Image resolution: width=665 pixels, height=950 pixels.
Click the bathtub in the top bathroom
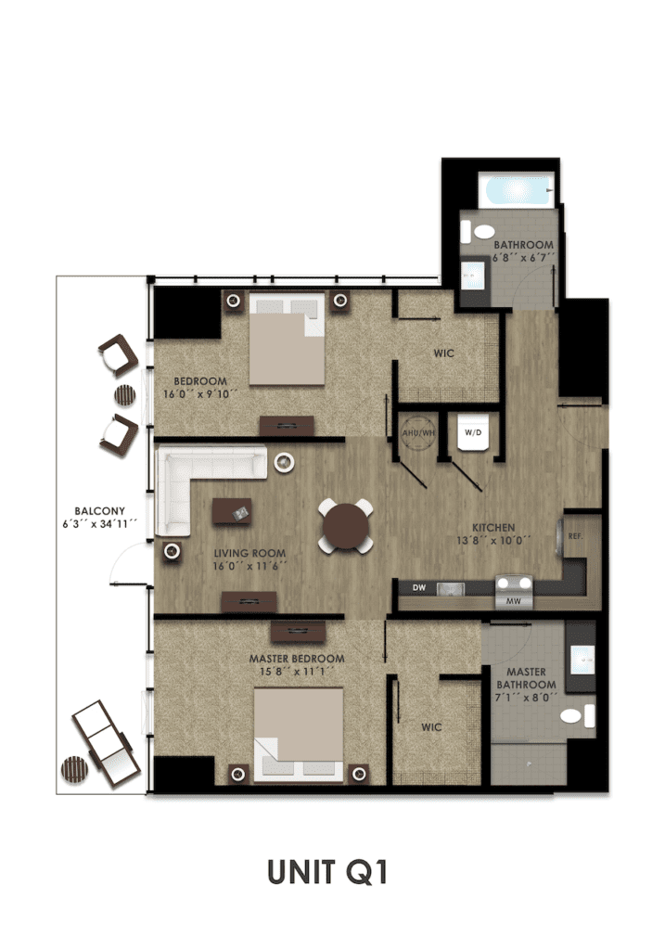click(x=516, y=189)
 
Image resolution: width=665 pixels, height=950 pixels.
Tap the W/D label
click(x=473, y=432)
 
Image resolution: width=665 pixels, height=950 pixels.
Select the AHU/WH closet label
click(x=418, y=433)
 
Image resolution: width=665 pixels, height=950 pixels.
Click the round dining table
click(x=346, y=526)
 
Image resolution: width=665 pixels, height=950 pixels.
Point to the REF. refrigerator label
click(x=575, y=536)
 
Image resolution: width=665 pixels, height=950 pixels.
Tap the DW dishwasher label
click(x=419, y=587)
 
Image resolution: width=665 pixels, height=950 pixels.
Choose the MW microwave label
click(x=514, y=601)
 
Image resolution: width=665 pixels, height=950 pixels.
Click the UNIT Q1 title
click(x=327, y=872)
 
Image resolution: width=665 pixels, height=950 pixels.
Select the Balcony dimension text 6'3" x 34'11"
click(x=98, y=524)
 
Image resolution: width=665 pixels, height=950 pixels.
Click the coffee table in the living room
click(x=232, y=512)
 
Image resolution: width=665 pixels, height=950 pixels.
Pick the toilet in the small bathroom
click(x=478, y=231)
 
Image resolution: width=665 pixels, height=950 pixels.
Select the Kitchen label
click(x=493, y=528)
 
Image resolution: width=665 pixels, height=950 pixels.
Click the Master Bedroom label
click(x=297, y=659)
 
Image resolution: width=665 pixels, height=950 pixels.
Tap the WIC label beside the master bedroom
click(x=431, y=727)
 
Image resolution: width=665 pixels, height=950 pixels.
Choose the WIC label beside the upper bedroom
click(x=443, y=353)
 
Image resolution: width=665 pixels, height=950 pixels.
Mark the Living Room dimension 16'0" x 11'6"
click(x=249, y=567)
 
